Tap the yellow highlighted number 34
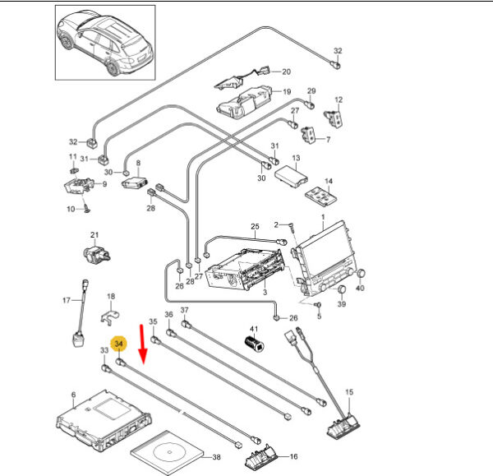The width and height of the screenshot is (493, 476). pos(119,343)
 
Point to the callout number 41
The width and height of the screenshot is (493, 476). pos(254,328)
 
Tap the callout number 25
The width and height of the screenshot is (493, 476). pos(255,226)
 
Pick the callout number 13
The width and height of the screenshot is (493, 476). pos(297,157)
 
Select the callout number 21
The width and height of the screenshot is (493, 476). pos(94,234)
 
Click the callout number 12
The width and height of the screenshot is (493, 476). pos(339,99)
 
